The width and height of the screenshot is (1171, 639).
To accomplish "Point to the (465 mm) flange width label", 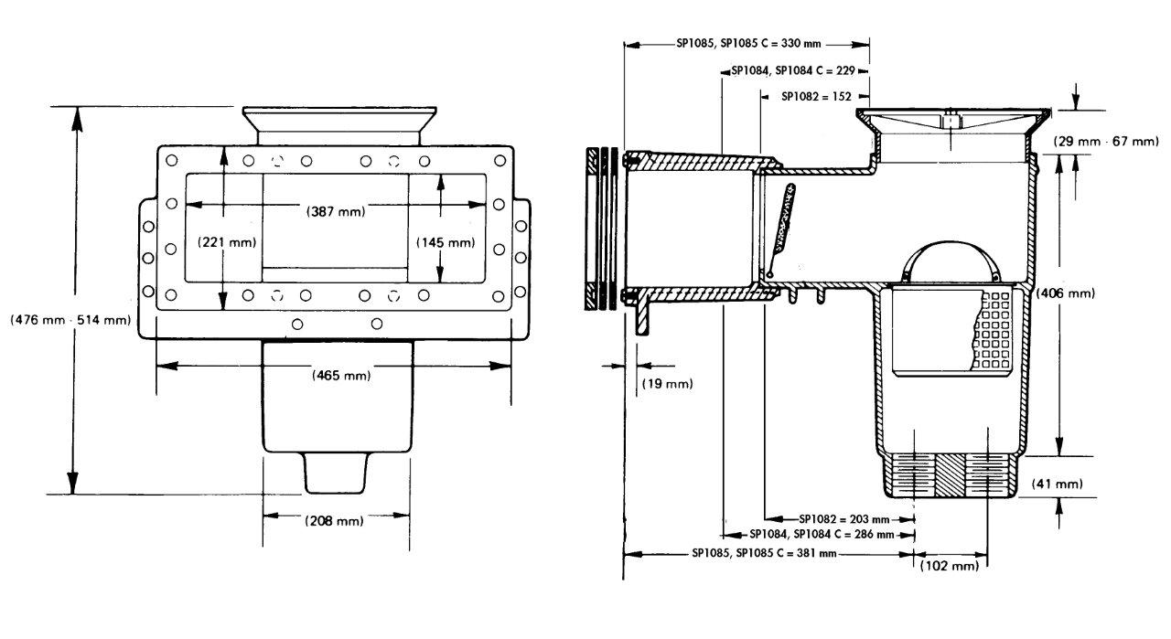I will click(x=335, y=374).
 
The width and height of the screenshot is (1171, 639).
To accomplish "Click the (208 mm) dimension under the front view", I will click(x=333, y=521).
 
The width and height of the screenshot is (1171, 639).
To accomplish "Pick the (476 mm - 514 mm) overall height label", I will click(x=70, y=320).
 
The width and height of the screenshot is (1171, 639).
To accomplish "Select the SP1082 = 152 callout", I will click(x=816, y=95).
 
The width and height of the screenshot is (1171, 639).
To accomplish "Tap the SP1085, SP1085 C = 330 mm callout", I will click(x=747, y=42).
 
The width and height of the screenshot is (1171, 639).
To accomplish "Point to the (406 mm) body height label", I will click(x=1065, y=293).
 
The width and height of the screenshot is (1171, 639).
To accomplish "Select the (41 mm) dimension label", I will click(x=1057, y=484).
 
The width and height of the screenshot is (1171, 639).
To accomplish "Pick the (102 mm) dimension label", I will click(x=951, y=567).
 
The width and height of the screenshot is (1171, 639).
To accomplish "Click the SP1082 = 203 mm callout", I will click(x=843, y=517).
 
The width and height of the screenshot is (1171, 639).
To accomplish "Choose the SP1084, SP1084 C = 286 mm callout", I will click(x=820, y=534).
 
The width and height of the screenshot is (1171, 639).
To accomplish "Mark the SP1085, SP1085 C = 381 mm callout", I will click(x=764, y=553).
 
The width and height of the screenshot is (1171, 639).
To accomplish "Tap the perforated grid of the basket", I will click(x=997, y=329).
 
